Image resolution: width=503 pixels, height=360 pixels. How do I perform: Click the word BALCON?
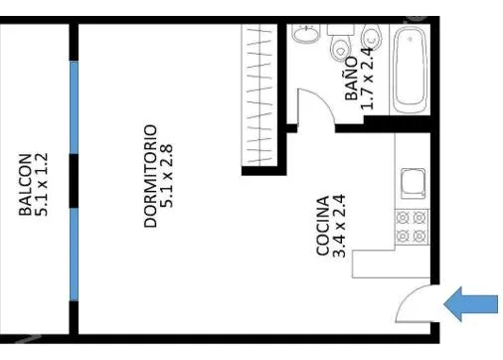(25, 184)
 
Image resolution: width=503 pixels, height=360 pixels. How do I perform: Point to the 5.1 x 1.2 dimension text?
(42, 184)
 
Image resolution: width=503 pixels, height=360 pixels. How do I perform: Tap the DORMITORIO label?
(150, 176)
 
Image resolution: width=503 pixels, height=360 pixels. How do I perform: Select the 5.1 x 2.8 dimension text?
(166, 176)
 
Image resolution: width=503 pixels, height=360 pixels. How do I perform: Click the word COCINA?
(323, 226)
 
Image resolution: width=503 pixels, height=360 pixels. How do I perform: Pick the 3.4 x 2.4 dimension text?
(339, 226)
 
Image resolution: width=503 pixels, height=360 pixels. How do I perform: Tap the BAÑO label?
(351, 79)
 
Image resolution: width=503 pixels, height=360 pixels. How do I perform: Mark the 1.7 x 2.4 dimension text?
(367, 79)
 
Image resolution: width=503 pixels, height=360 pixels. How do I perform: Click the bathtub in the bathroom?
(410, 71)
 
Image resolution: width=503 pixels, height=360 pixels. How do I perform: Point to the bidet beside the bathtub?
(372, 38)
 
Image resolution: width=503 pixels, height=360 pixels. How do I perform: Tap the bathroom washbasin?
(306, 34)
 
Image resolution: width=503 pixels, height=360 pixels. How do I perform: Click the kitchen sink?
(414, 183)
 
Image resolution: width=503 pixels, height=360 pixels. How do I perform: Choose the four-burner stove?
(412, 227)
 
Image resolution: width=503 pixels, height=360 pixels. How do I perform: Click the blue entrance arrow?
(470, 304)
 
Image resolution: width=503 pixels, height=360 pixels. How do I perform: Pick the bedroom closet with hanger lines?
(259, 94)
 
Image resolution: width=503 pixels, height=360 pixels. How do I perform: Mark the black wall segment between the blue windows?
(74, 181)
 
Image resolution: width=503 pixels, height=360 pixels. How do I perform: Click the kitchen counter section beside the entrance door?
(391, 264)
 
